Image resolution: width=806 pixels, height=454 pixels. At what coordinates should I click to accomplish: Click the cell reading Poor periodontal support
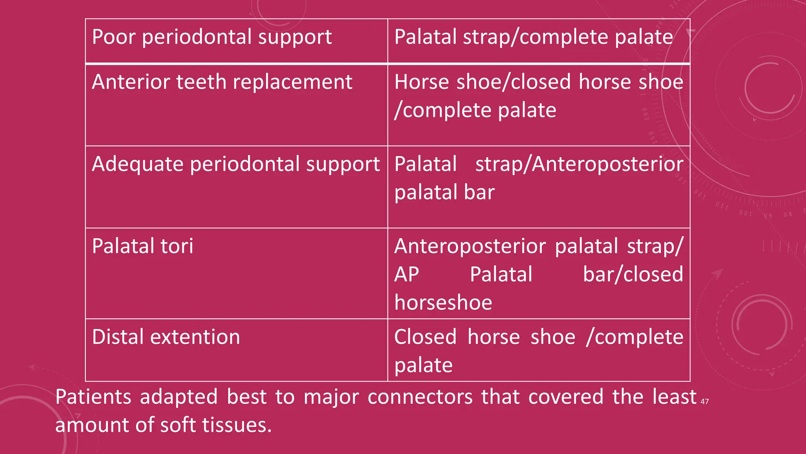212,37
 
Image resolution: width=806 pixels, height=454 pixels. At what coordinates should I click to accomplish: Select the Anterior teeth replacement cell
222,82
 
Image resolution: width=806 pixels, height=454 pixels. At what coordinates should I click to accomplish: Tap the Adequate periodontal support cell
236,164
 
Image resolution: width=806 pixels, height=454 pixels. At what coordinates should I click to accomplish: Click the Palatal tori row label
142,246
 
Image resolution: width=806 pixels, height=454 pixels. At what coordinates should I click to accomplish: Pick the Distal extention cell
166,337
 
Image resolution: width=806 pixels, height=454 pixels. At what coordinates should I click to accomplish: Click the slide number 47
704,402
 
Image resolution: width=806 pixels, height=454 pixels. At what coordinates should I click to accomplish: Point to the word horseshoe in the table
443,303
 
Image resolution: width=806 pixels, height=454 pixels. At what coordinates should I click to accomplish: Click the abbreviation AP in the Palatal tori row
407,274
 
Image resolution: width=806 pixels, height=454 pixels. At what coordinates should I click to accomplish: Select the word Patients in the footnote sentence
93,397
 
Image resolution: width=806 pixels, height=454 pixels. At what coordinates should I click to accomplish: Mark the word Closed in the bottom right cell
425,337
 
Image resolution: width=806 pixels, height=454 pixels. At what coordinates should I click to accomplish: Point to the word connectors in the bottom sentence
420,397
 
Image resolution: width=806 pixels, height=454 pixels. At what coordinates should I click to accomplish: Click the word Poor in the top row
114,37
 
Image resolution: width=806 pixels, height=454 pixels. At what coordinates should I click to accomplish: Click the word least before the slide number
674,397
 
